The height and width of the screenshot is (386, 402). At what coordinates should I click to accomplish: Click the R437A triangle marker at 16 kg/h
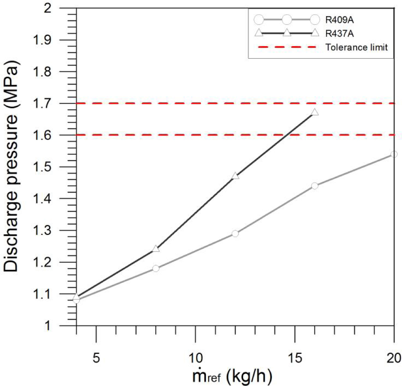click(315, 112)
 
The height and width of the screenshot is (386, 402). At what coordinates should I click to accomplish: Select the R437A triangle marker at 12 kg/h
click(235, 176)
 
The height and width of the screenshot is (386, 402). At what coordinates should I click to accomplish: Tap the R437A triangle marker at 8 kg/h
click(156, 249)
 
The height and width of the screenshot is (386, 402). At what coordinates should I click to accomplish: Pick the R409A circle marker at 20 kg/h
click(394, 154)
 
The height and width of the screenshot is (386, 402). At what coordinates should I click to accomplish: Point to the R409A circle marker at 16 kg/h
click(315, 186)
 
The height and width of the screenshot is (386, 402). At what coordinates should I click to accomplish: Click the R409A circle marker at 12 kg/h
click(235, 233)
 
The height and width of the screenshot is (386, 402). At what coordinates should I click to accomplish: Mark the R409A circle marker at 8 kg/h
click(156, 268)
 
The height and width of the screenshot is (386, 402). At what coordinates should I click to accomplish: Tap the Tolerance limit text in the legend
click(356, 47)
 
